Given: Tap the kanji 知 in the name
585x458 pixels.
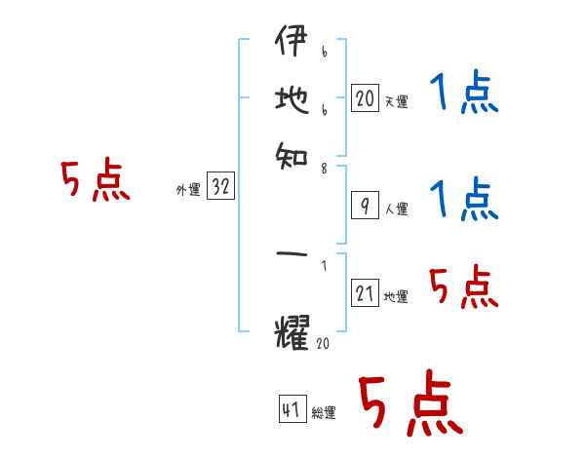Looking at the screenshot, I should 292,153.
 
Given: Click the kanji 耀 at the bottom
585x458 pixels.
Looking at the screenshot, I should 292,334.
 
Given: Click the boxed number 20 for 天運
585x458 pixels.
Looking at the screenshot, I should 364,97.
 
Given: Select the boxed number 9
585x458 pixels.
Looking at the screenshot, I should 364,205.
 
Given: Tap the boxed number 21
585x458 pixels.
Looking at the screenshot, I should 364,294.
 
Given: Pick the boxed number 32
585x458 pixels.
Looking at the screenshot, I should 221,187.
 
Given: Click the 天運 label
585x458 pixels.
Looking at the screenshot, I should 396,101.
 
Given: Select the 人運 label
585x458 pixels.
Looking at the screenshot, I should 396,209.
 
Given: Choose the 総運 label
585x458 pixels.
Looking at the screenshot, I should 324,413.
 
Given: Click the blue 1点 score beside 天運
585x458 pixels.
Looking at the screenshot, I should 463,95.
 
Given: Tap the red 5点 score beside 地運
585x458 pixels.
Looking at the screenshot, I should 463,287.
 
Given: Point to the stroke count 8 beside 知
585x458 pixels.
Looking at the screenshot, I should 324,169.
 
